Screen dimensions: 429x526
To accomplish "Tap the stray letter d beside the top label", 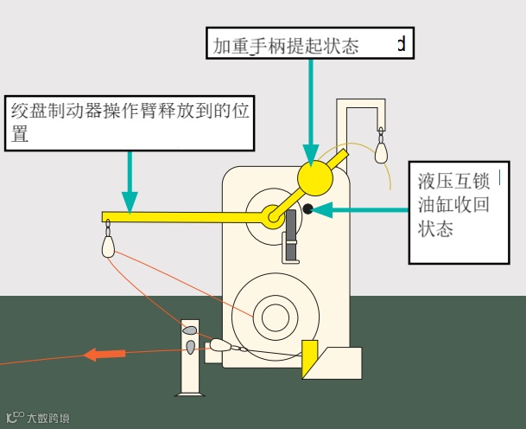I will pos(401,43).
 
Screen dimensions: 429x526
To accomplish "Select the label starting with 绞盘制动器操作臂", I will pos(130,122).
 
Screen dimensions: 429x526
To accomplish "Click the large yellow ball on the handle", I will pos(314,177).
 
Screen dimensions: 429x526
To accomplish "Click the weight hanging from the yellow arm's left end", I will pos(108,246).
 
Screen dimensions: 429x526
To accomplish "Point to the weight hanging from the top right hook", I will pos(381,151).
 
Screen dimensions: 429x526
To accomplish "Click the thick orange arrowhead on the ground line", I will pos(104,354).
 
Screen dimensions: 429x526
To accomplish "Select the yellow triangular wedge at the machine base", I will pos(309,359).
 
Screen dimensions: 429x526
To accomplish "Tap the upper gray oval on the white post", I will pos(190,330).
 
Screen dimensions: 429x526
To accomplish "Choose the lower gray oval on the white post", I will pos(191,347).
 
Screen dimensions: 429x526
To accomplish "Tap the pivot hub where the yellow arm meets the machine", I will pos(273,216).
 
